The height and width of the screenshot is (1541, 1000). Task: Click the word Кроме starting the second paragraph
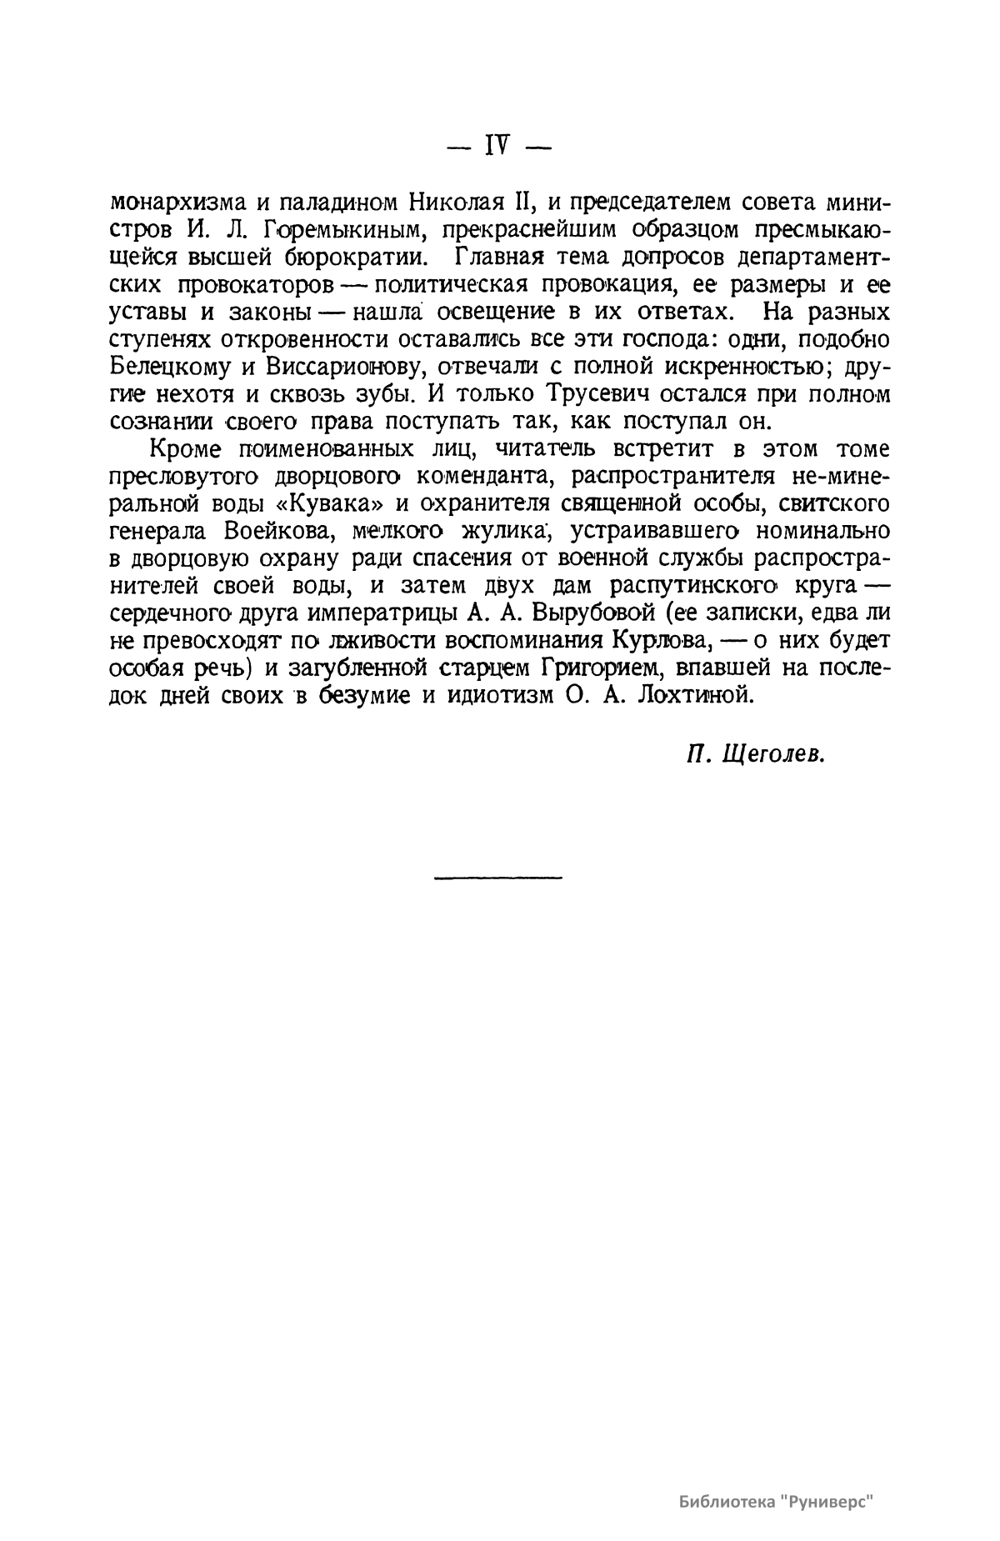click(x=185, y=449)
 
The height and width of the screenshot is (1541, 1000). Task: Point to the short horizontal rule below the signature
click(x=498, y=876)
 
